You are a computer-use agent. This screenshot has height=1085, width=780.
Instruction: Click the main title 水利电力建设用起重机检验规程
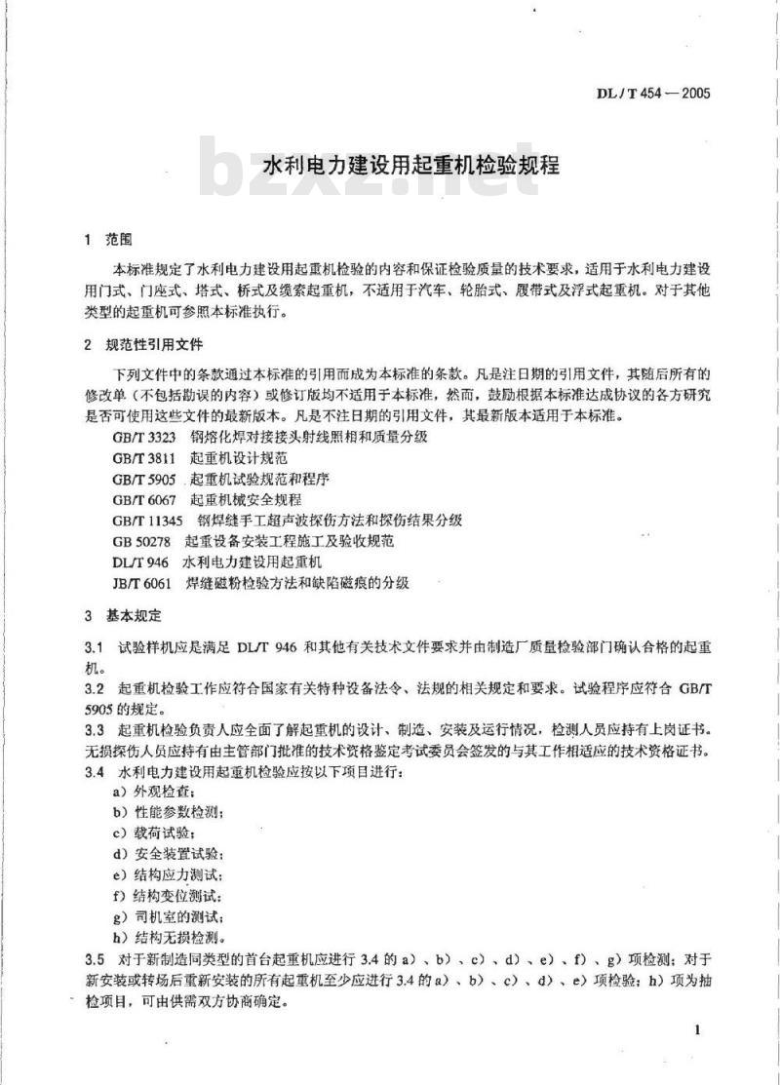click(411, 163)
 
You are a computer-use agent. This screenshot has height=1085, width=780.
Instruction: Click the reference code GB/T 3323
click(143, 436)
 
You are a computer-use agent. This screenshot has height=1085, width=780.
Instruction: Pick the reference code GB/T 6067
click(143, 498)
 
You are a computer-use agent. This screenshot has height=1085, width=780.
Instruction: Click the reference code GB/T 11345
click(147, 520)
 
